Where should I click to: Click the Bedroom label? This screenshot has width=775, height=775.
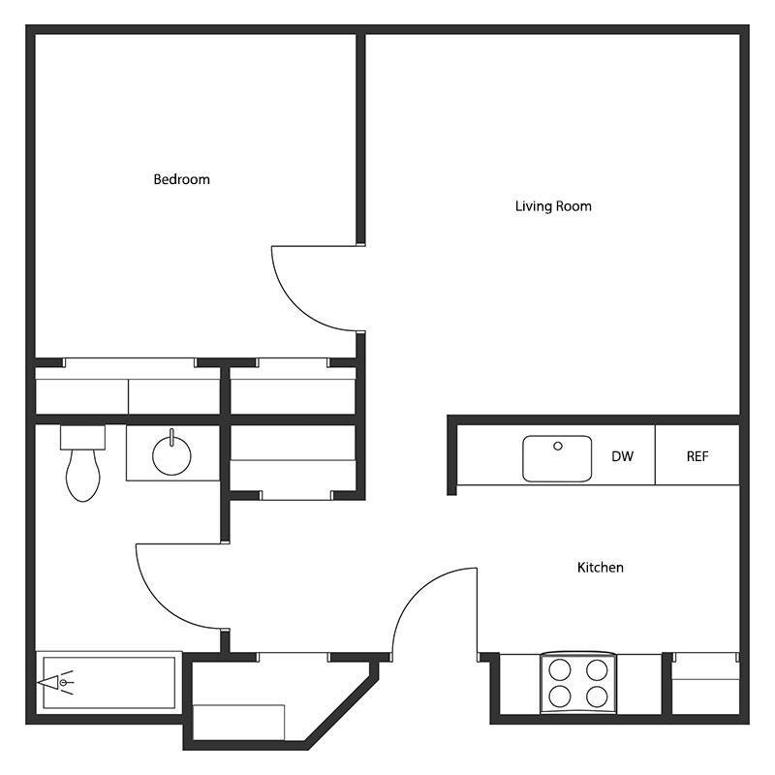(181, 179)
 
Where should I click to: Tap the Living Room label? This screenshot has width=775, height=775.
(553, 206)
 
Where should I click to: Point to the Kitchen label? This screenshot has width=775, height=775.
(600, 568)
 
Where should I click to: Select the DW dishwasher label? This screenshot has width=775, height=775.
(622, 456)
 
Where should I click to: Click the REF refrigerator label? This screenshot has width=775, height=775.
(697, 456)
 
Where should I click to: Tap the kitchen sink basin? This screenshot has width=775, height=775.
(557, 458)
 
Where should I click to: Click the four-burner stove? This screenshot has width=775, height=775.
(578, 682)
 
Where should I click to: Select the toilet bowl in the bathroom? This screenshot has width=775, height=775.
(83, 477)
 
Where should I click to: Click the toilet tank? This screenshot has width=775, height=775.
(81, 437)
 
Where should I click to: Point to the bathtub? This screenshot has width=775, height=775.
(108, 683)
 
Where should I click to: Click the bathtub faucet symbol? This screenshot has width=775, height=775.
(57, 683)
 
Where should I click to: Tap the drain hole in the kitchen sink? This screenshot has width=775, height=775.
(558, 447)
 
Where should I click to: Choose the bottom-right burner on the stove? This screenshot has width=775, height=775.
(596, 696)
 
